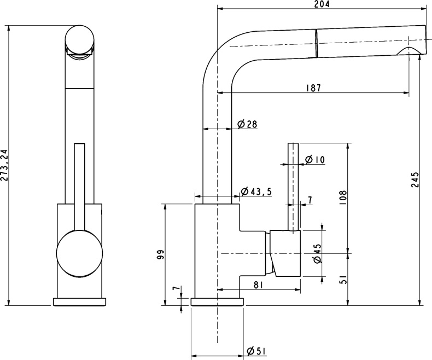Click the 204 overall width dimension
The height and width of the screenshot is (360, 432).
pos(323,4)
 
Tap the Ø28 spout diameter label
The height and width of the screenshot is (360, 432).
pos(248,125)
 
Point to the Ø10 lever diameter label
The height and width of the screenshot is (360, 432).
pos(315,160)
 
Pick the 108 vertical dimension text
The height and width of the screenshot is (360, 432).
pos(343,197)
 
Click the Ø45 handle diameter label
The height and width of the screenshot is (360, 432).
pos(317,253)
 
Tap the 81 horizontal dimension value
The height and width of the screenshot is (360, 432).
pos(259,284)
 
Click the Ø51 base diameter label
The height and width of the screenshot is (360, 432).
pos(256,351)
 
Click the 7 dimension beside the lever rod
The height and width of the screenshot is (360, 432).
pos(310,201)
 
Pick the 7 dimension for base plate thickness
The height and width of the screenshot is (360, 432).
pos(176,289)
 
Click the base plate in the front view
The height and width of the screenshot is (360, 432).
pos(80,301)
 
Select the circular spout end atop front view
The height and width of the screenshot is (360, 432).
pos(80,40)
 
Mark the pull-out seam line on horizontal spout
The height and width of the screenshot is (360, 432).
pos(316,43)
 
